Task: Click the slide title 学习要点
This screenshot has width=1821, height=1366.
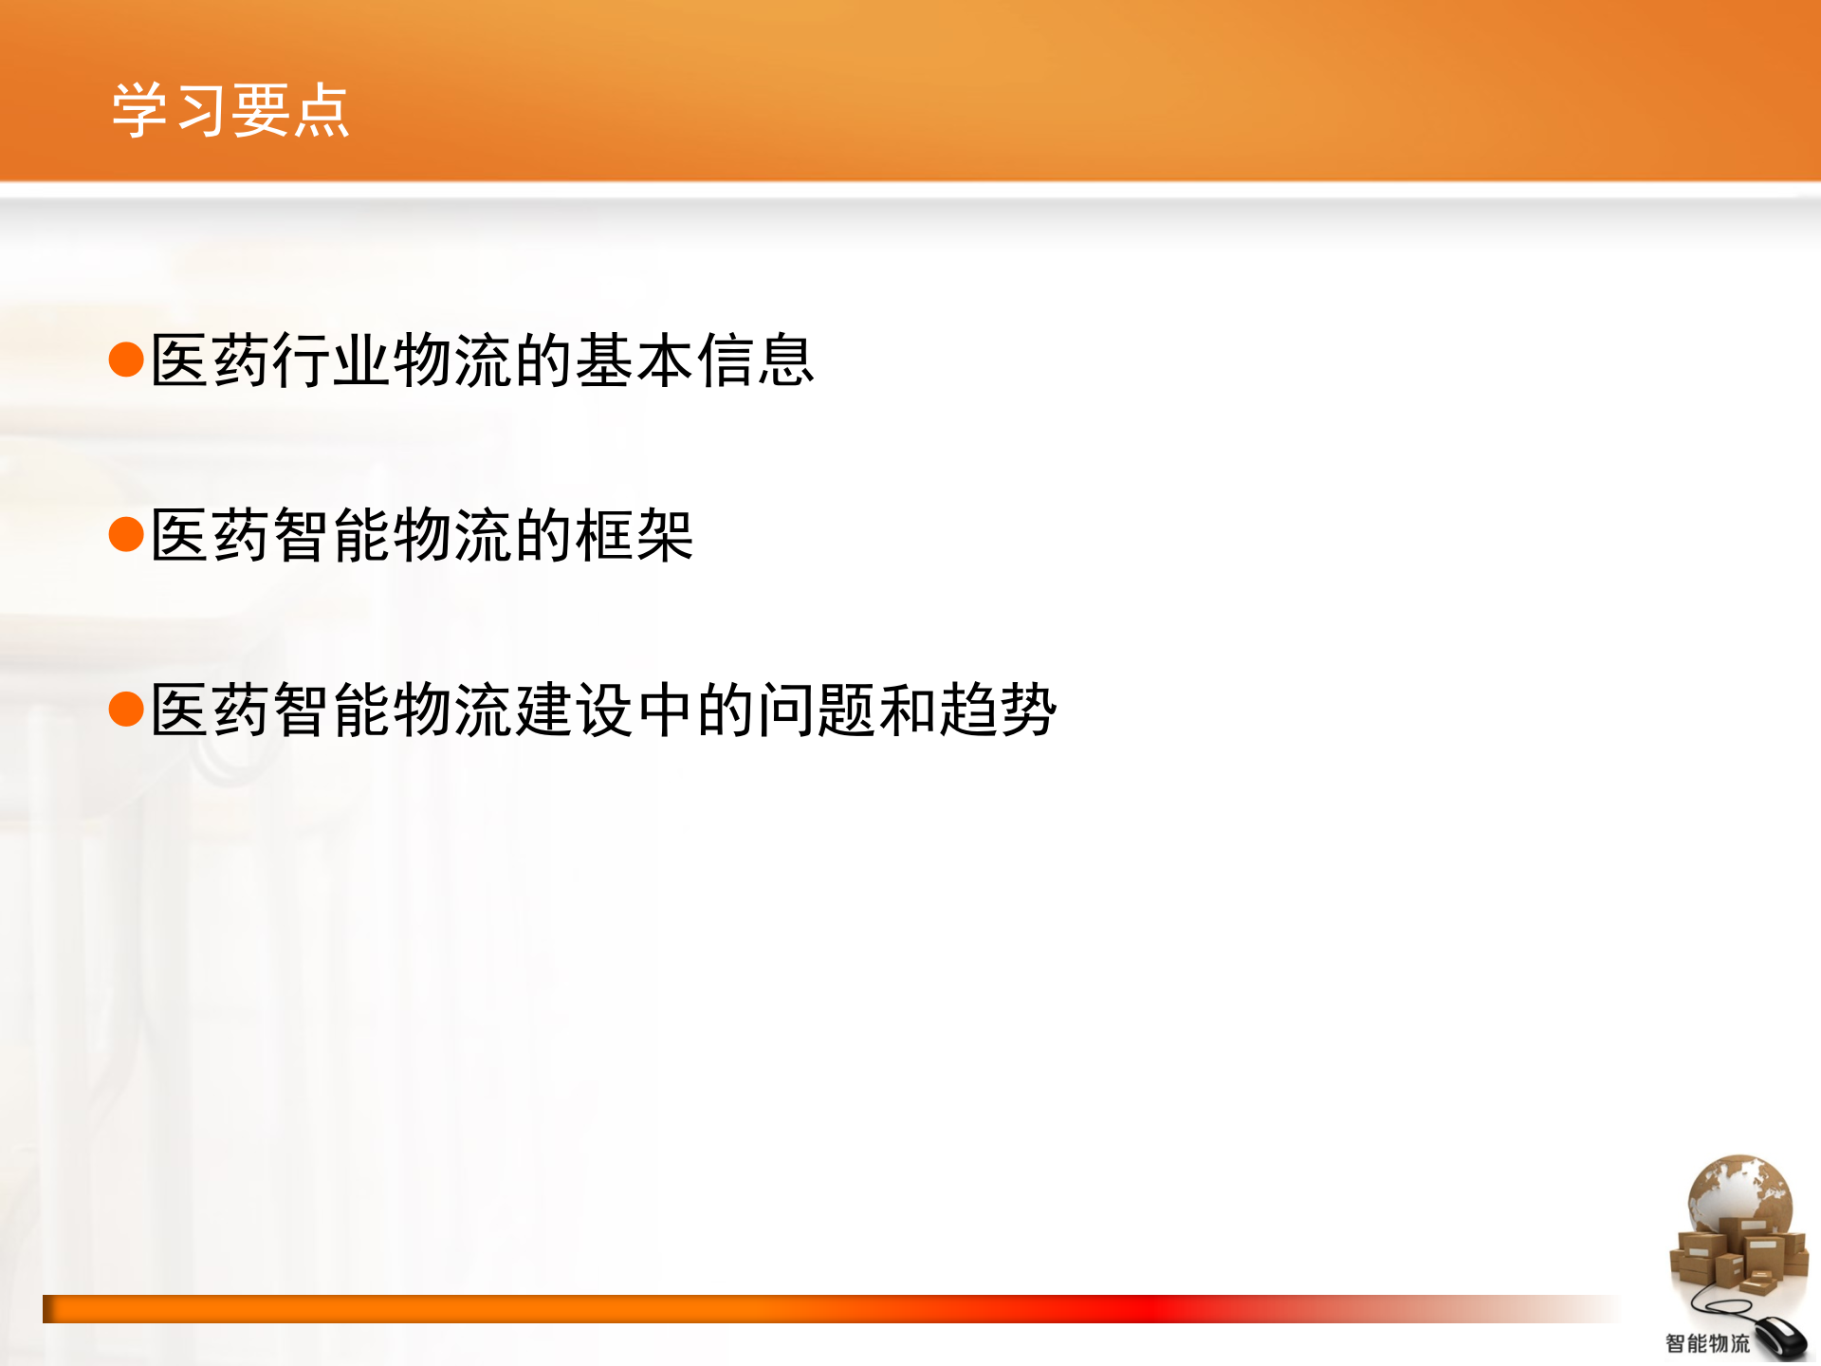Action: (230, 110)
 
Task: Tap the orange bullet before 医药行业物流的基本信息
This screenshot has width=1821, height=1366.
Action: (126, 360)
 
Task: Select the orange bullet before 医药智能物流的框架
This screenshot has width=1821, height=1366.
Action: (126, 534)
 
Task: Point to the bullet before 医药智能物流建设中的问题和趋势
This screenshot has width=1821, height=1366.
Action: (126, 709)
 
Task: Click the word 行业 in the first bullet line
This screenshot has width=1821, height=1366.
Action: (332, 360)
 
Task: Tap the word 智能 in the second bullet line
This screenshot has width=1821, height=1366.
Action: (332, 535)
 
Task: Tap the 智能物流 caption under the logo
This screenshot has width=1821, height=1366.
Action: (1707, 1343)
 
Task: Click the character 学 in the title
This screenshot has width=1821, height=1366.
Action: (140, 110)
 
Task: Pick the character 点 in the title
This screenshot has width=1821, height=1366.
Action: (322, 110)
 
